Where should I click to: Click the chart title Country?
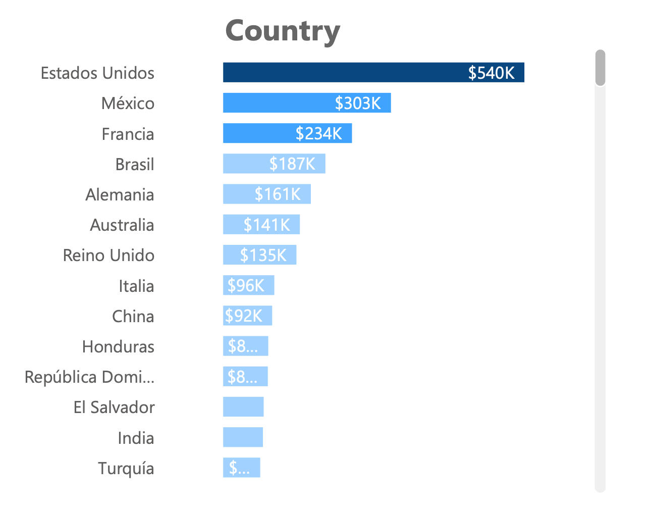[282, 31]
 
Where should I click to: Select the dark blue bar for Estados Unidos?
[343, 72]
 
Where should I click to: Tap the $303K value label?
[358, 103]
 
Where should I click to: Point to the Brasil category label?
[134, 164]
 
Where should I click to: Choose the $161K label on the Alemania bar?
[278, 194]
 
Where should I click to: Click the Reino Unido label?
[108, 255]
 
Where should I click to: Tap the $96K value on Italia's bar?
[246, 285]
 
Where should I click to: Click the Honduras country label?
[118, 346]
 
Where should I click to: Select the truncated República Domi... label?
[89, 377]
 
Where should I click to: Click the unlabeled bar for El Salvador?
[243, 407]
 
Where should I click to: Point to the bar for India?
[243, 437]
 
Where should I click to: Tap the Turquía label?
[126, 468]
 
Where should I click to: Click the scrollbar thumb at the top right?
[600, 68]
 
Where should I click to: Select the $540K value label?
[491, 73]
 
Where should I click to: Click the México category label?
[128, 103]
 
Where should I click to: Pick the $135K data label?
[263, 255]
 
